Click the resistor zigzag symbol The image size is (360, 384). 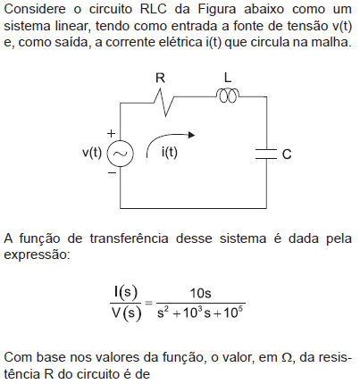[164, 102]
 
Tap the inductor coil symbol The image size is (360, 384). [228, 96]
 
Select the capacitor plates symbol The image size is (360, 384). [266, 154]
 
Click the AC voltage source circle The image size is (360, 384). [121, 154]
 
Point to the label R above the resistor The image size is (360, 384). [160, 78]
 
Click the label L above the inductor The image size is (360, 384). [228, 78]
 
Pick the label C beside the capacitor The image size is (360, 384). [287, 154]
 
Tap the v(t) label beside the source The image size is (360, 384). [92, 153]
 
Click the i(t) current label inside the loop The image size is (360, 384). [170, 153]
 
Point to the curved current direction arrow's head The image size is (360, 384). [191, 135]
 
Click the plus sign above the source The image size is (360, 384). [111, 133]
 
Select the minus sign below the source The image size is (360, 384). [112, 172]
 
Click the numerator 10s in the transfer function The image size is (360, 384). [201, 293]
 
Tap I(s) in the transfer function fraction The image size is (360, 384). [126, 293]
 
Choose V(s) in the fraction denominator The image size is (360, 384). [126, 313]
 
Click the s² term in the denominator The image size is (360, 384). [163, 313]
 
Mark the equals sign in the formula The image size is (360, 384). [148, 304]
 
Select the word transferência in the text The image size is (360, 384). [130, 238]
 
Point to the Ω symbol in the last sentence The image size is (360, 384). [287, 357]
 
